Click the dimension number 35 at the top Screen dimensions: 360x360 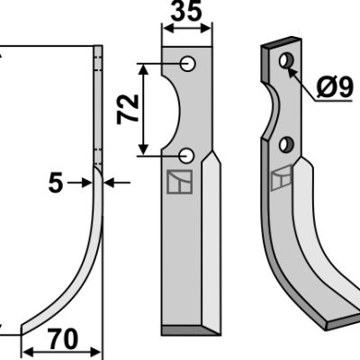pos(186,11)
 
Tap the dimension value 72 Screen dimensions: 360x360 pos(128,110)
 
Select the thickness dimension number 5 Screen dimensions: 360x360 pos(56,183)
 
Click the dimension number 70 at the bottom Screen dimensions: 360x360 pos(63,339)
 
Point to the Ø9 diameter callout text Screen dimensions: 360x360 pos(335,86)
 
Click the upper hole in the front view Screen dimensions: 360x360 pos(188,64)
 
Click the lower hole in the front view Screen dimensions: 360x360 pos(187,156)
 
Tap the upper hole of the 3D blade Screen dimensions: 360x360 pos(286,60)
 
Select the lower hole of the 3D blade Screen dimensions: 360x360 pos(286,144)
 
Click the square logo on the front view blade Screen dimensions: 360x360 pos(180,182)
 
